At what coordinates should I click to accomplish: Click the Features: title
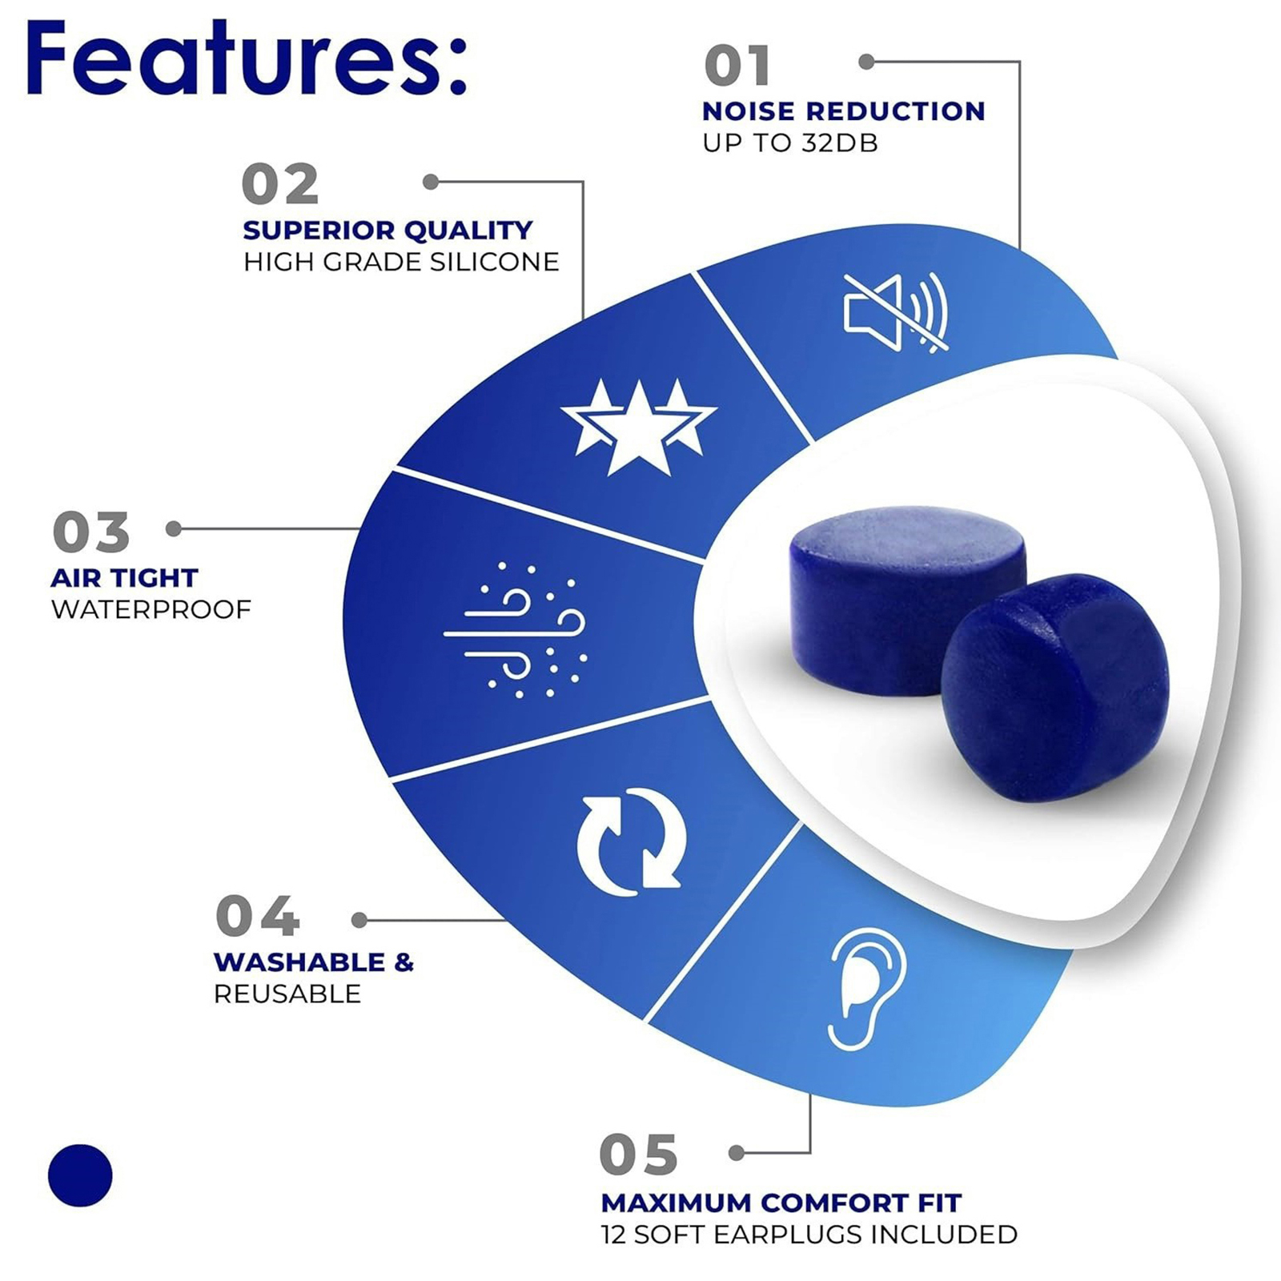246,58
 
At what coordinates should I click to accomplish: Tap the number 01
737,66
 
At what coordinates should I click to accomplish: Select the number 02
280,185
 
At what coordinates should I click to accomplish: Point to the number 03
90,532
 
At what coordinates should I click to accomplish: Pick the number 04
257,916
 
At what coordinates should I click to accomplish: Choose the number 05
638,1155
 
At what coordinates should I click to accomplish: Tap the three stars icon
638,427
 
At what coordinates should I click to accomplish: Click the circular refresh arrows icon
632,841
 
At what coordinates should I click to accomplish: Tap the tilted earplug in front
1055,688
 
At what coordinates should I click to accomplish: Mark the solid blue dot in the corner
80,1175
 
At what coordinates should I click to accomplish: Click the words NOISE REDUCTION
844,111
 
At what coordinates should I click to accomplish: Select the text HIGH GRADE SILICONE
401,262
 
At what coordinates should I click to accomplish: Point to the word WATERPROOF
151,609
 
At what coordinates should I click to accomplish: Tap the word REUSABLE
287,994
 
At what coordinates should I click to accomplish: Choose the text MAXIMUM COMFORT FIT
781,1203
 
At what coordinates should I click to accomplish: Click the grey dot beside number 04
359,921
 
